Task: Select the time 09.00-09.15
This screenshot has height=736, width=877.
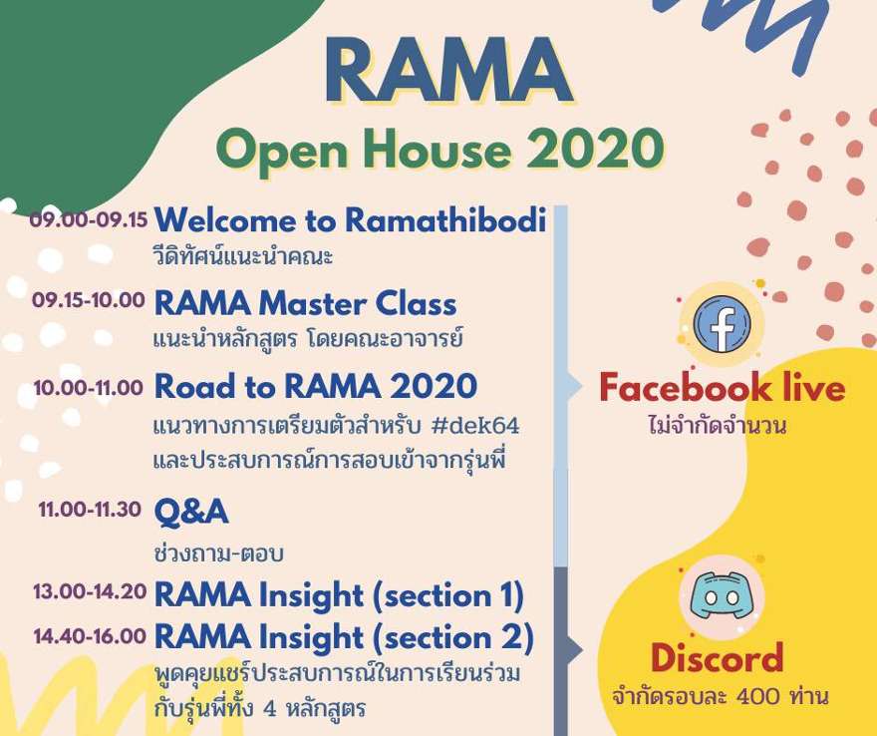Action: click(x=89, y=218)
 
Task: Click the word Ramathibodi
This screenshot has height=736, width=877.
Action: click(x=445, y=219)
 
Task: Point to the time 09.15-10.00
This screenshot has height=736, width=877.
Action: click(x=89, y=300)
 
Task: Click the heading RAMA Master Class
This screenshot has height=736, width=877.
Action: click(x=305, y=304)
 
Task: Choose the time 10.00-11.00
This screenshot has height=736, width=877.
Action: click(x=89, y=387)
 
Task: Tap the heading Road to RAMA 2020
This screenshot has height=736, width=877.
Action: click(x=316, y=386)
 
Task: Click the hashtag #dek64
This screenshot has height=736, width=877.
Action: click(x=475, y=426)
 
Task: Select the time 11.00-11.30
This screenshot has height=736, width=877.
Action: click(x=90, y=510)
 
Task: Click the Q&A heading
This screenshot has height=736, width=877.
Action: click(x=191, y=513)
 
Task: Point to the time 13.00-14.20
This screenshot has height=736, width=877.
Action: click(x=90, y=591)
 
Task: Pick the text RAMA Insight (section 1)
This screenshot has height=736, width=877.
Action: click(x=340, y=595)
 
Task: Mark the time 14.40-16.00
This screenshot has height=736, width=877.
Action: click(x=90, y=636)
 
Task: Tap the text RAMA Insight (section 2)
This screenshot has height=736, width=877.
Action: click(x=344, y=638)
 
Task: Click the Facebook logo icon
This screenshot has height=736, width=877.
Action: click(x=722, y=324)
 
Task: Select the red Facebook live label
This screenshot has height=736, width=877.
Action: click(x=722, y=388)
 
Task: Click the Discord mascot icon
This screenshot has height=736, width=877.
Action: click(x=722, y=596)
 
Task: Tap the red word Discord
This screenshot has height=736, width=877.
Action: click(x=717, y=658)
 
